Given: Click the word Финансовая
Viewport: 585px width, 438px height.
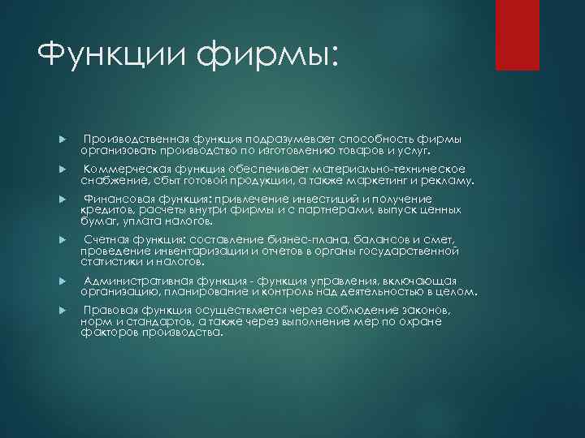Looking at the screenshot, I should tap(123, 200).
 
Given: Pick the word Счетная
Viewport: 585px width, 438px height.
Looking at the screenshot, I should tap(110, 239).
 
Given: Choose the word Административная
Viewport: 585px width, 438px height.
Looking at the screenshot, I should tap(138, 281).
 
